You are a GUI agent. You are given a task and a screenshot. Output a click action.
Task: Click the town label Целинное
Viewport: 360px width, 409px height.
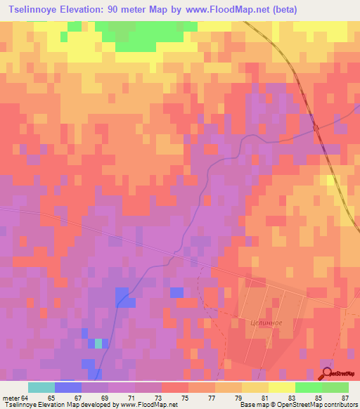[x=266, y=323]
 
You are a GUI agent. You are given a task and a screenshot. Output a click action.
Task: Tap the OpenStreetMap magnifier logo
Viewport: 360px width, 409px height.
[x=328, y=373]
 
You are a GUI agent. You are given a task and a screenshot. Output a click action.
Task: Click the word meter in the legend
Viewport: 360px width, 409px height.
[x=8, y=398]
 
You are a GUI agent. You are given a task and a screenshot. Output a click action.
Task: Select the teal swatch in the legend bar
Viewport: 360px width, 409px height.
[x=41, y=387]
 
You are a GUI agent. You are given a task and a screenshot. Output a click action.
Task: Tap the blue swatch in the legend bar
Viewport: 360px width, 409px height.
[x=67, y=387]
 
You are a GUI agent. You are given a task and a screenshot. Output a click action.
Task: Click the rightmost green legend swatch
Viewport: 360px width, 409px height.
[x=335, y=387]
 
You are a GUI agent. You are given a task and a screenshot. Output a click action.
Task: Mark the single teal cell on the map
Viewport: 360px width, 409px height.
[x=98, y=343]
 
